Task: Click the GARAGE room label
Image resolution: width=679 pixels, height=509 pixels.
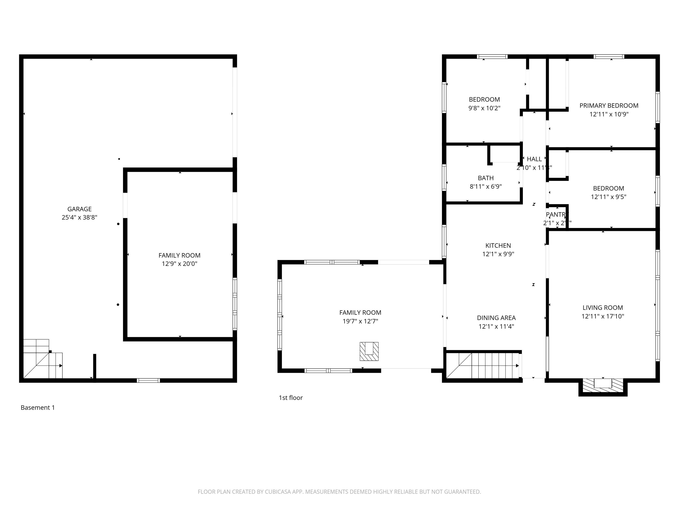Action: pyautogui.click(x=79, y=209)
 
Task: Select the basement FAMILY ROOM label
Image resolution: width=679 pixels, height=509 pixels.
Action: pyautogui.click(x=179, y=255)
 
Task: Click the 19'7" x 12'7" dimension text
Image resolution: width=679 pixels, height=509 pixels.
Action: pyautogui.click(x=360, y=321)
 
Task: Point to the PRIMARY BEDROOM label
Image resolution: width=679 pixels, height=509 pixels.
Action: pyautogui.click(x=609, y=106)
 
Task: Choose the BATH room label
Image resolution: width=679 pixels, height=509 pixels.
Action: pyautogui.click(x=486, y=178)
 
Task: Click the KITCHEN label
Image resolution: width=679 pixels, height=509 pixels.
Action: pyautogui.click(x=498, y=245)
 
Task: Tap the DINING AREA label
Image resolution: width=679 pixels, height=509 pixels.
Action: pyautogui.click(x=496, y=318)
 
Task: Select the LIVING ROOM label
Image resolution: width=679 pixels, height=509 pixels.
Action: pyautogui.click(x=602, y=308)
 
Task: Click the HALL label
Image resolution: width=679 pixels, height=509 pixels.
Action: pyautogui.click(x=534, y=159)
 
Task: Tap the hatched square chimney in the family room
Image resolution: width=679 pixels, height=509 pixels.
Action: pyautogui.click(x=369, y=351)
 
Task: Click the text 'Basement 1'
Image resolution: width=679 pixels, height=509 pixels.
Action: pyautogui.click(x=37, y=407)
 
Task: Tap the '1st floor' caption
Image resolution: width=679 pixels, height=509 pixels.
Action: pyautogui.click(x=290, y=398)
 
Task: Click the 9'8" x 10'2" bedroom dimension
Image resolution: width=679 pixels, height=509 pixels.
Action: pyautogui.click(x=484, y=108)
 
